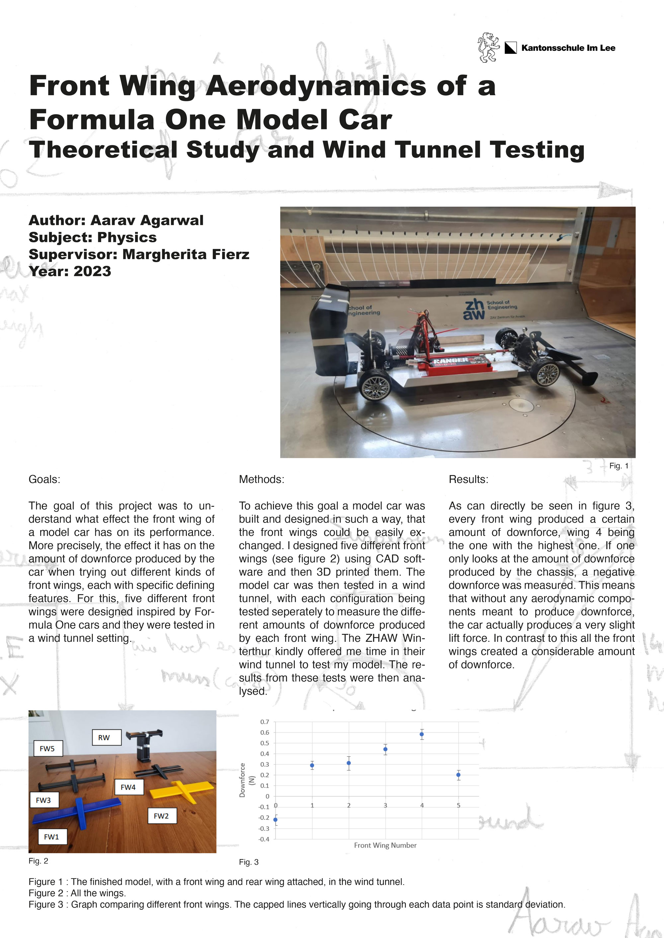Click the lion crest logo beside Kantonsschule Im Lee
pos(489,47)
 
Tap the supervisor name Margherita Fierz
pos(186,254)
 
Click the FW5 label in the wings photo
pos(47,748)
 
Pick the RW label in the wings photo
pos(104,737)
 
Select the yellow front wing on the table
pos(182,791)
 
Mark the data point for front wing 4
pos(422,734)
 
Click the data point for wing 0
pos(275,820)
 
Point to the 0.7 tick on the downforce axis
pos(265,722)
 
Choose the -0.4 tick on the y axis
pos(265,839)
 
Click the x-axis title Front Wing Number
pos(385,845)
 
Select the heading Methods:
pos(261,479)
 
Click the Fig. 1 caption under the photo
pos(619,466)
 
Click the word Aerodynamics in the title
pos(316,86)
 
